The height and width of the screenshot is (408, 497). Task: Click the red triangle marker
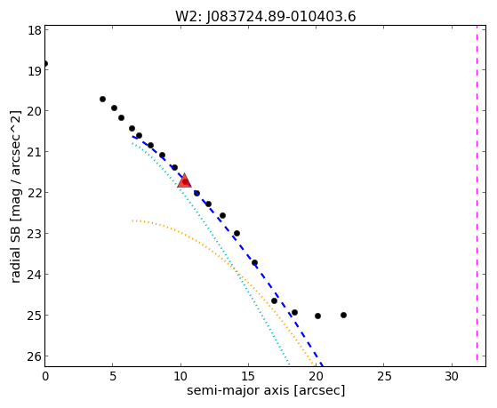click(x=184, y=180)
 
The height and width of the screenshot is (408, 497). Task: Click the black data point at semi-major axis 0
click(x=45, y=63)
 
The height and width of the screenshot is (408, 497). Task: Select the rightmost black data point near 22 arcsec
click(x=343, y=316)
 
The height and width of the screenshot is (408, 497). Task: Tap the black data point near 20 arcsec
click(x=317, y=316)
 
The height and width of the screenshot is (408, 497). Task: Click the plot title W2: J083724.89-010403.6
click(x=266, y=17)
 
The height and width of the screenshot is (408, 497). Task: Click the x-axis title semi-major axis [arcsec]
click(x=266, y=390)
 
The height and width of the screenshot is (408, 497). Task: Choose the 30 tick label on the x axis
click(x=452, y=377)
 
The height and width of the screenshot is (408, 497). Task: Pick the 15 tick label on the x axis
click(x=248, y=377)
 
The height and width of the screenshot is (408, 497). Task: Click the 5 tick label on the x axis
click(x=113, y=377)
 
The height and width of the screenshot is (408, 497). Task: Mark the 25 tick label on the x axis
click(x=383, y=377)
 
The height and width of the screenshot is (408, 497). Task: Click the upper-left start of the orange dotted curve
click(x=132, y=220)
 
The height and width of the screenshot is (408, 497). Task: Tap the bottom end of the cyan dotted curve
click(x=289, y=364)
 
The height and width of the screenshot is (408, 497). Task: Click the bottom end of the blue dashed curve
click(x=322, y=364)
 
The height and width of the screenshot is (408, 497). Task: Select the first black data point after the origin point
click(x=102, y=100)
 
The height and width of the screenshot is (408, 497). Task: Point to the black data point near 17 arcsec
click(x=274, y=300)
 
